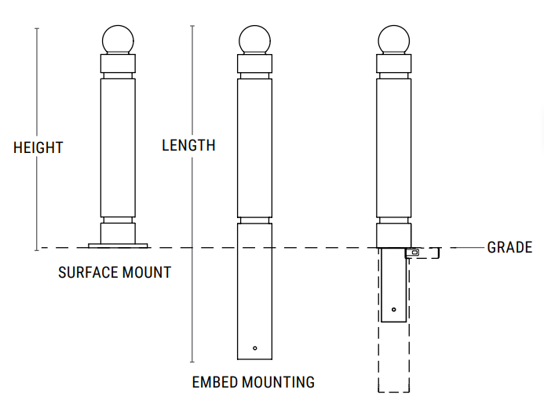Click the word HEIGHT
click(38, 147)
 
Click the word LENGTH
click(188, 145)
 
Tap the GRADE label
click(509, 248)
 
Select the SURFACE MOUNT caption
click(115, 273)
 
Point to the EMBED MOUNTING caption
click(253, 383)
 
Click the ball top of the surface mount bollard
click(118, 40)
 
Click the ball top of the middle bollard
click(255, 40)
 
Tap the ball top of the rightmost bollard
click(393, 40)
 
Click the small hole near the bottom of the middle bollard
click(255, 348)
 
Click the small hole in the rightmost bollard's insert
click(393, 308)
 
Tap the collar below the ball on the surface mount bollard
click(118, 64)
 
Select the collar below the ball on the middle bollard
click(255, 64)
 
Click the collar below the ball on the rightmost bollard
click(393, 64)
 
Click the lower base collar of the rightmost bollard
click(393, 235)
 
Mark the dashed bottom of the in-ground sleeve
click(394, 391)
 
